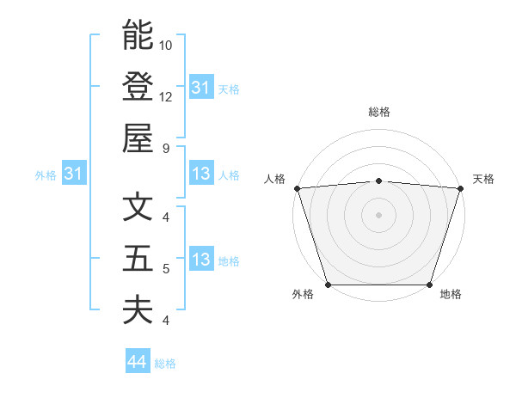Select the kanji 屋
(x=138, y=138)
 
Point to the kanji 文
(x=138, y=207)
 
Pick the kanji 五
(x=138, y=258)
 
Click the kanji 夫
(x=138, y=309)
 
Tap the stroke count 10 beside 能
(x=166, y=45)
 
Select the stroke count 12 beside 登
(x=166, y=96)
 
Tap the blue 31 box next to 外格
(x=74, y=174)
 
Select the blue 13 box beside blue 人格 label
(x=201, y=174)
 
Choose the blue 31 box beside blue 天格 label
(x=201, y=88)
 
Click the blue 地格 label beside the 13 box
(x=229, y=261)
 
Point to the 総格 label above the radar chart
(x=378, y=112)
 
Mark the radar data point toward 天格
(x=460, y=188)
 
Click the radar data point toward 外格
(x=328, y=285)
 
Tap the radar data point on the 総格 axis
(x=378, y=181)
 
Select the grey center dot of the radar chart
(x=378, y=215)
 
